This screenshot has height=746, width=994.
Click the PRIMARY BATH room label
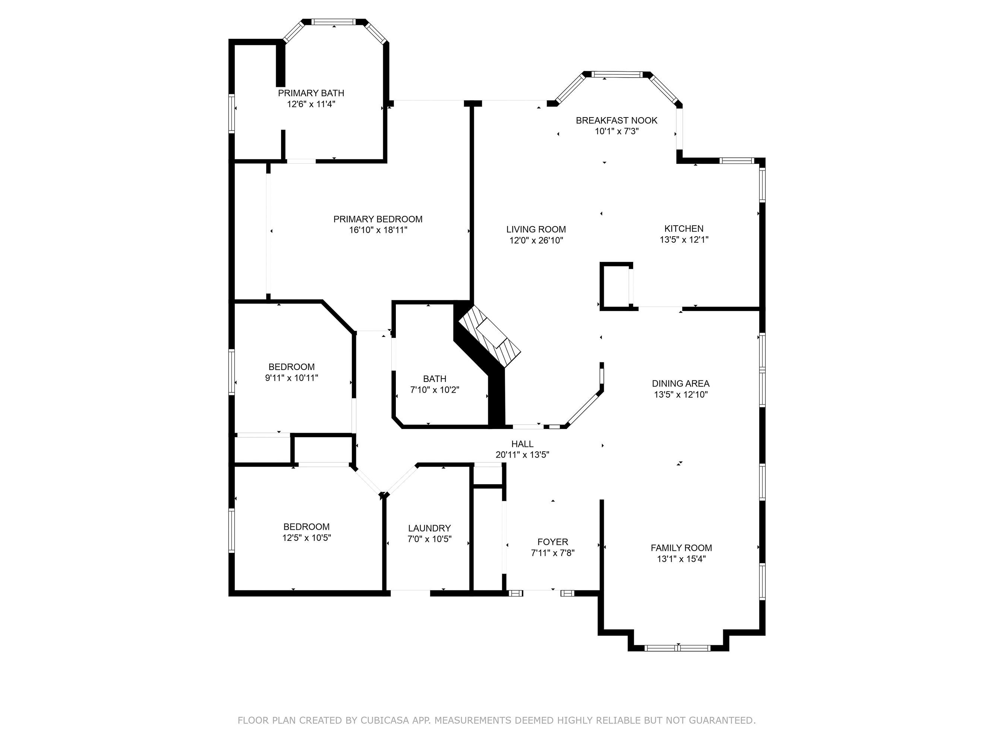click(311, 93)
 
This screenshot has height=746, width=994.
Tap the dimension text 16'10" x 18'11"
click(378, 230)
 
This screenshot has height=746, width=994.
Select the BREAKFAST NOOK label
click(616, 120)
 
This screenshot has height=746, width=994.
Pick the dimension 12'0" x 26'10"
click(536, 241)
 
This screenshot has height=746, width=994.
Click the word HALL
click(522, 444)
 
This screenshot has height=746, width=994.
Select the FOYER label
click(553, 542)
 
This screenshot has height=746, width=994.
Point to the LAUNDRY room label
click(429, 529)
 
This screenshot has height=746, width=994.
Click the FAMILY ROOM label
click(681, 548)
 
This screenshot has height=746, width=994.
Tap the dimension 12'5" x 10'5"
click(306, 538)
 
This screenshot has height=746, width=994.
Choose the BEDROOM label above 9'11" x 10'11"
click(291, 367)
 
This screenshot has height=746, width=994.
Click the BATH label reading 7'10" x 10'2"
click(435, 379)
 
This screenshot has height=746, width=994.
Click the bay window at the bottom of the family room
click(678, 648)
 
